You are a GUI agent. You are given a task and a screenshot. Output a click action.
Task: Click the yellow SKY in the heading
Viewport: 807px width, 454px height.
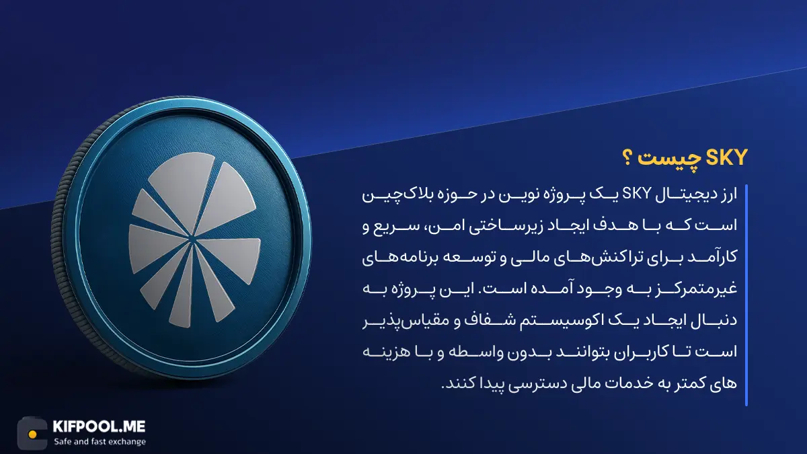pos(726,158)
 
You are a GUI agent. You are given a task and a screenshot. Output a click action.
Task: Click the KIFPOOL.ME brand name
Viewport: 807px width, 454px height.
pos(99,426)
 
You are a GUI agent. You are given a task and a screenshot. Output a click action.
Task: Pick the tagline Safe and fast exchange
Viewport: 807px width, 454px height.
pos(100,442)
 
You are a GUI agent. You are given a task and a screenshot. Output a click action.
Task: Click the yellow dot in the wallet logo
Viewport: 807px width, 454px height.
pos(33,434)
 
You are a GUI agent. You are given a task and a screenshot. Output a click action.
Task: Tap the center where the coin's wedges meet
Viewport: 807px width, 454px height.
pos(192,239)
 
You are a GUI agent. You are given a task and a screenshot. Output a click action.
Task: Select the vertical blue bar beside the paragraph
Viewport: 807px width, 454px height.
pos(746,295)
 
